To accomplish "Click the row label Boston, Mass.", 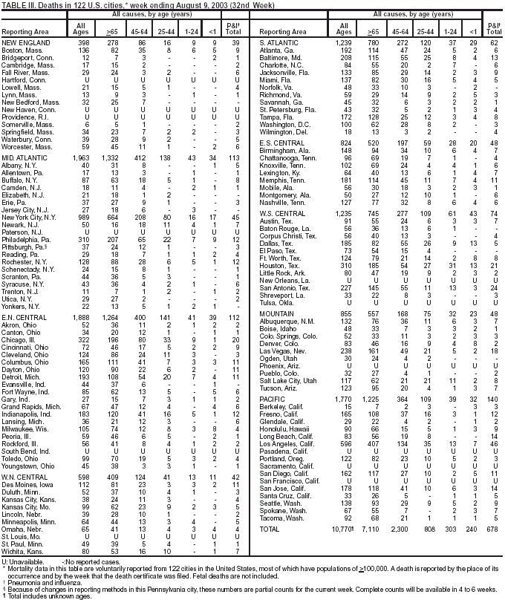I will pyautogui.click(x=21, y=50).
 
